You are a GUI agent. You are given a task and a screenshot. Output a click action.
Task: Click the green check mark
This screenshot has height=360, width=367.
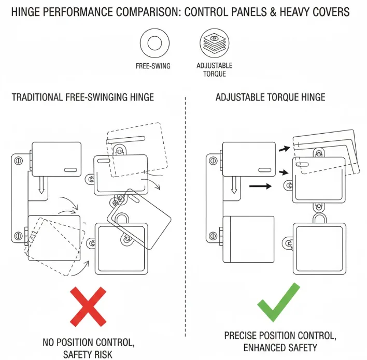click(x=278, y=303)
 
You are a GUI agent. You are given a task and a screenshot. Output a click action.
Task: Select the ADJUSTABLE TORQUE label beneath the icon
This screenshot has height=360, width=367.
click(x=214, y=70)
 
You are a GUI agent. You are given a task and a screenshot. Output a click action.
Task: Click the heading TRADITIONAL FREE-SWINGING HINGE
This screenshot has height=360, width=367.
click(x=82, y=97)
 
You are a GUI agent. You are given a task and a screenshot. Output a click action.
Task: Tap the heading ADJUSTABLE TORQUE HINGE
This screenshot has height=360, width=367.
click(x=270, y=97)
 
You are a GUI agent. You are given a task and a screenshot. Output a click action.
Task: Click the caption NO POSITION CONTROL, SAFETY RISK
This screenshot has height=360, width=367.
click(x=89, y=349)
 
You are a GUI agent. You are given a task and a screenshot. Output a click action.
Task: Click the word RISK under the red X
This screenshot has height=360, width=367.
click(x=103, y=355)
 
